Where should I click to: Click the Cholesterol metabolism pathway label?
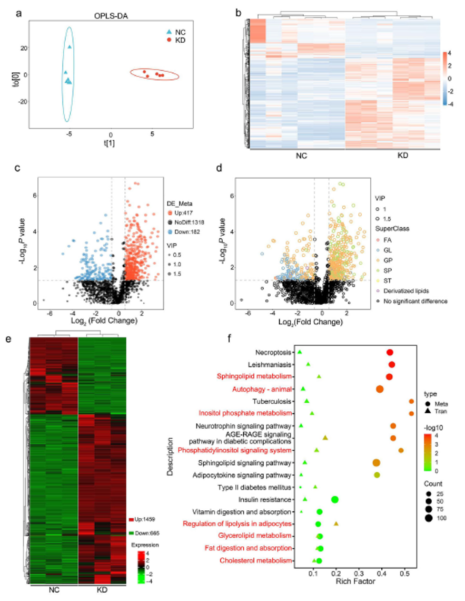click(256, 560)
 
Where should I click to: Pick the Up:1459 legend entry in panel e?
click(148, 519)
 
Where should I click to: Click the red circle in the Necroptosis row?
click(390, 352)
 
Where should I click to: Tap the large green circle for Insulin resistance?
click(334, 499)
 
